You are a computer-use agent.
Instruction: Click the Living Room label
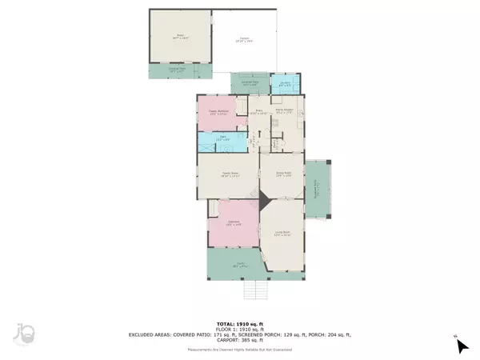(282, 234)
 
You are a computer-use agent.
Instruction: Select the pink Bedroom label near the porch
(233, 222)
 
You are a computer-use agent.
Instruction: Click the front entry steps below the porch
(256, 287)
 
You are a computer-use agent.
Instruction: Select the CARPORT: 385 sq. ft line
(240, 335)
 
